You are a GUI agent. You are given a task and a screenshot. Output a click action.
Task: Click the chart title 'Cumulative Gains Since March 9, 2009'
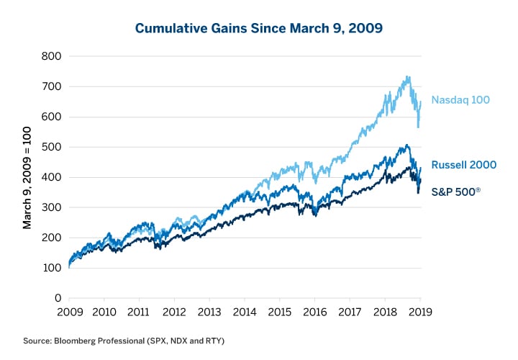pos(258,29)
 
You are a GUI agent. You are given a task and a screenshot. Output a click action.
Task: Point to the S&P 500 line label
pos(461,192)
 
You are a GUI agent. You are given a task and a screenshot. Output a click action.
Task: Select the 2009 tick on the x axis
pos(69,313)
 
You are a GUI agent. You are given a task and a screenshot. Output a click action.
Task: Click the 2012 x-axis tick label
pos(174,313)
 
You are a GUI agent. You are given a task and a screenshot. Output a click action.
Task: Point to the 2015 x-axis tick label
pos(279,313)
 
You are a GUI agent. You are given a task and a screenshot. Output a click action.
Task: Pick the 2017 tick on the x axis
pos(350,313)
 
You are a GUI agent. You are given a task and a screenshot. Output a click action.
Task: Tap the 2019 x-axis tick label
pos(419,313)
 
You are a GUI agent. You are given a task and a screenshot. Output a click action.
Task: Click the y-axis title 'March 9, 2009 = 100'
pos(27,177)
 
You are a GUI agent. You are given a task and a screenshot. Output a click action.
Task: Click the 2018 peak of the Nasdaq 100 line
pos(408,76)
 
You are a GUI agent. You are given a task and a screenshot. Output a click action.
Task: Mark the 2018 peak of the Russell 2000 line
pos(407,145)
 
